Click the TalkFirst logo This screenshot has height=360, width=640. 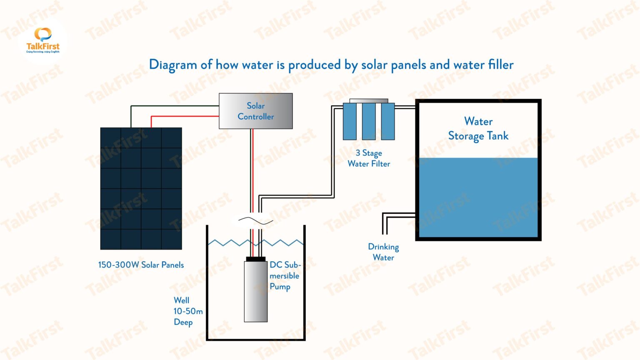click(x=42, y=40)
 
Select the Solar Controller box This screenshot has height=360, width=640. click(x=255, y=111)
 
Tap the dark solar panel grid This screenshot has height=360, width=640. click(x=141, y=188)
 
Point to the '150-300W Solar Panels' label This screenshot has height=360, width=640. click(x=141, y=265)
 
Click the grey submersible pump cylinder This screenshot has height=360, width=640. click(x=255, y=292)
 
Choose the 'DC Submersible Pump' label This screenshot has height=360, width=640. click(x=285, y=276)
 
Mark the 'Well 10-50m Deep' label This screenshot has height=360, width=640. click(x=187, y=311)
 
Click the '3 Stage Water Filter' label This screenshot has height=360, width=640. click(x=369, y=158)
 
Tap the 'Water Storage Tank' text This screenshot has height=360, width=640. click(x=478, y=129)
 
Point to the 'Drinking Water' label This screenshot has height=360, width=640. click(x=383, y=252)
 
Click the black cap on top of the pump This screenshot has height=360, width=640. click(x=255, y=259)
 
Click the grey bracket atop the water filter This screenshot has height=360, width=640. click(x=369, y=101)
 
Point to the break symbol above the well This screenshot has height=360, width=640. click(x=255, y=220)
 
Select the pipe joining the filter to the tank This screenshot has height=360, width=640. click(x=405, y=107)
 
